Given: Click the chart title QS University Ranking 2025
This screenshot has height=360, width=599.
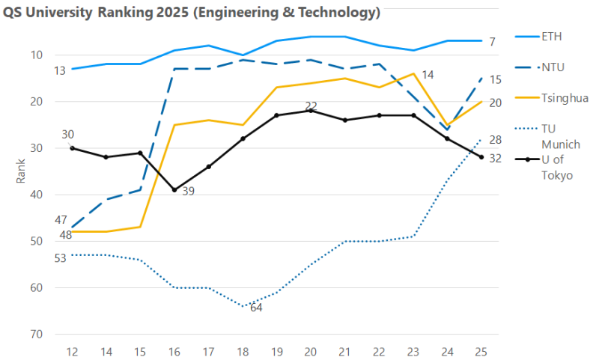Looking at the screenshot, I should click(192, 13).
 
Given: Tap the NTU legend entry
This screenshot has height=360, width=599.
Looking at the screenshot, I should click(551, 67).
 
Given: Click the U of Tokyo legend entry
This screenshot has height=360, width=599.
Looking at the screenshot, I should click(557, 167).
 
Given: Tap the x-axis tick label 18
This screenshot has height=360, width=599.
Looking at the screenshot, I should click(242, 350).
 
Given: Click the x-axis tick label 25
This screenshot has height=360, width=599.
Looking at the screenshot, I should click(481, 350).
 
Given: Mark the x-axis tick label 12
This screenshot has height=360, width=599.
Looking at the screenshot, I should click(72, 350).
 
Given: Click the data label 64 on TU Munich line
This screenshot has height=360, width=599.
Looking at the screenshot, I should click(256, 308).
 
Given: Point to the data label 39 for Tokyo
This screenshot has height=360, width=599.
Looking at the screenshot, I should click(188, 192).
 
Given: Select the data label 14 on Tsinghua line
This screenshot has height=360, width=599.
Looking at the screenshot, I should click(428, 75).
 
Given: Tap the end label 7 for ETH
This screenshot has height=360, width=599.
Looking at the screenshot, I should click(492, 42).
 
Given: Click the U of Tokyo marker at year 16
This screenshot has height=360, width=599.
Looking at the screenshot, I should click(174, 190).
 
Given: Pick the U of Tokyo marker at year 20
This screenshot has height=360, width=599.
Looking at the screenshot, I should click(311, 111).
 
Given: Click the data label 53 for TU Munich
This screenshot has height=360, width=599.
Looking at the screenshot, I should click(61, 258).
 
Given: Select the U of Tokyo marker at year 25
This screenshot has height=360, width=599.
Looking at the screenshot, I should click(481, 157).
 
